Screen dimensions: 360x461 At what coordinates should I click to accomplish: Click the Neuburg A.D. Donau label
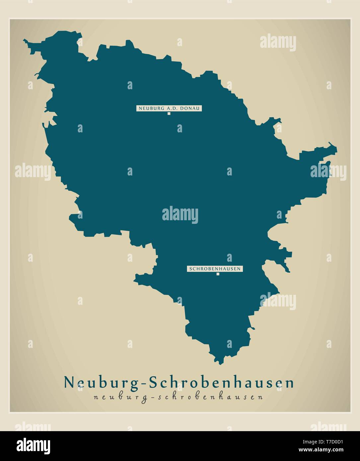[169, 108]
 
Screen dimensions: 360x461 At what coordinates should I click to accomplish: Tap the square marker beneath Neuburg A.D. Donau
[169, 113]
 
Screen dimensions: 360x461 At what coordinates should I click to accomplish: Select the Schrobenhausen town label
[215, 269]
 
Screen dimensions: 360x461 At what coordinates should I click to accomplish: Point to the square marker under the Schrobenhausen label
[218, 274]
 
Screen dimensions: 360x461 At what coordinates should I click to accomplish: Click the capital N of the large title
[69, 382]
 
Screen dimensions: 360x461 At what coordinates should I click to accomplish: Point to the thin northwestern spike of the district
[25, 41]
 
